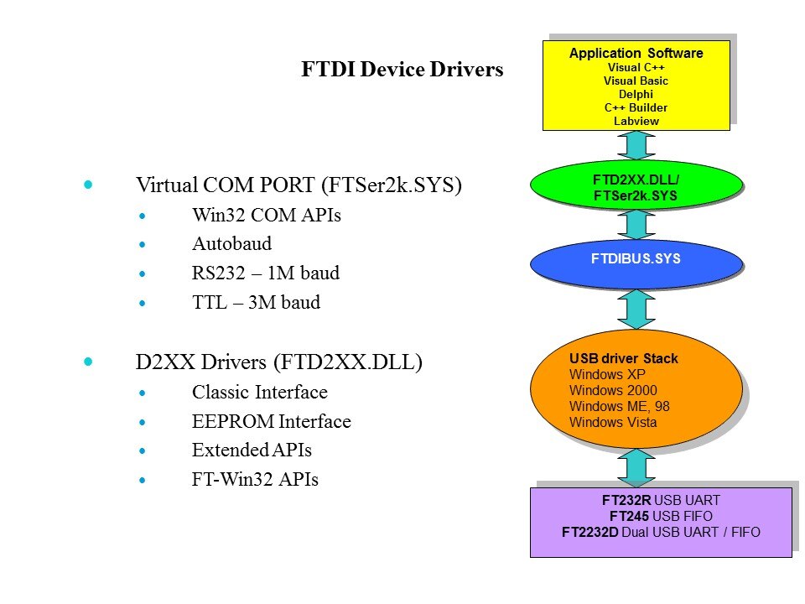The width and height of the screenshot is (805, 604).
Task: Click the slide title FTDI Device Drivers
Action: click(x=402, y=70)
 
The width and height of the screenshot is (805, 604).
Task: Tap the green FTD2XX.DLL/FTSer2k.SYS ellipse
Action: click(x=636, y=186)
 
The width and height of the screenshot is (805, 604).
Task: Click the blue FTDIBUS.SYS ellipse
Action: click(x=636, y=259)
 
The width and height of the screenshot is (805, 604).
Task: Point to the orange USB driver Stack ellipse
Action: click(x=636, y=388)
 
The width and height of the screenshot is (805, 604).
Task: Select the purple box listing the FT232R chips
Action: click(x=660, y=522)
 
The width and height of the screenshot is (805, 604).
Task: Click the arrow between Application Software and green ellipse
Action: click(x=636, y=145)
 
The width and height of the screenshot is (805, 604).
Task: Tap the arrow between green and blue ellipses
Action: click(x=636, y=224)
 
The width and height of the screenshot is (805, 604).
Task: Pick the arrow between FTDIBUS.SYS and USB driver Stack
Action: click(x=636, y=310)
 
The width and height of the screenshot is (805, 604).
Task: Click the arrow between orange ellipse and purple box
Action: click(x=636, y=467)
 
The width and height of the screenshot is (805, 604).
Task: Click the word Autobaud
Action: click(x=231, y=244)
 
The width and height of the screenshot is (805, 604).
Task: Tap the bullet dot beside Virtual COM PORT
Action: click(x=89, y=184)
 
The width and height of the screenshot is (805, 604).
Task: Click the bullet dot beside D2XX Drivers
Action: click(x=89, y=362)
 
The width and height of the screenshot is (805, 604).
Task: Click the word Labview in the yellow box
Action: click(x=636, y=121)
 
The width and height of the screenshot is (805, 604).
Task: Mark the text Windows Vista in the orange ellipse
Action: click(x=613, y=422)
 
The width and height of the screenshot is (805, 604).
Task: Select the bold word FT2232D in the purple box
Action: click(x=589, y=531)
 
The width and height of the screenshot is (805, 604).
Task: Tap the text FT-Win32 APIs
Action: click(x=255, y=480)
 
